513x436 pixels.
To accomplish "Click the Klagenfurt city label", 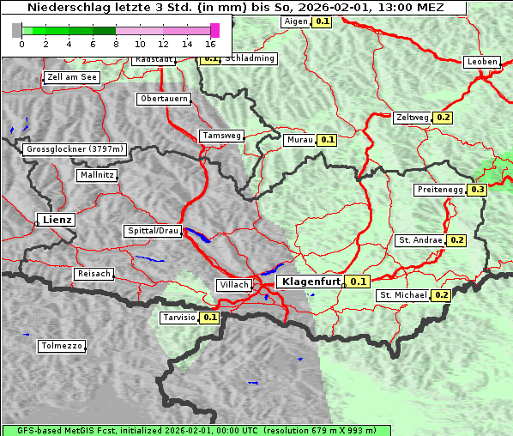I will click(311, 281).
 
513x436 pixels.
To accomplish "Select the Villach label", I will click(233, 284).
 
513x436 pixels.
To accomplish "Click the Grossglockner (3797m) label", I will click(75, 149).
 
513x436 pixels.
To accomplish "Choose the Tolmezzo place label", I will click(62, 347).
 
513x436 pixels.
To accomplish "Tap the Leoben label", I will click(482, 62).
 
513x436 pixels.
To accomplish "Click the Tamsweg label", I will click(222, 136).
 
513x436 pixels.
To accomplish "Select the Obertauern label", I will click(164, 99).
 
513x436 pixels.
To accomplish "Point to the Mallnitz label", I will click(97, 174).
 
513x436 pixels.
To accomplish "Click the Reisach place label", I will click(94, 274).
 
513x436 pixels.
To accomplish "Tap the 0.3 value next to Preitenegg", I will click(478, 190).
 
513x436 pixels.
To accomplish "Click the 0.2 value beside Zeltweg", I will click(444, 118).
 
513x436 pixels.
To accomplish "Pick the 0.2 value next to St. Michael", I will click(441, 295).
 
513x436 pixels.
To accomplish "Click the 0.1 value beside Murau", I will click(327, 139).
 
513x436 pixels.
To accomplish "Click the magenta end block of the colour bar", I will click(214, 30).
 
